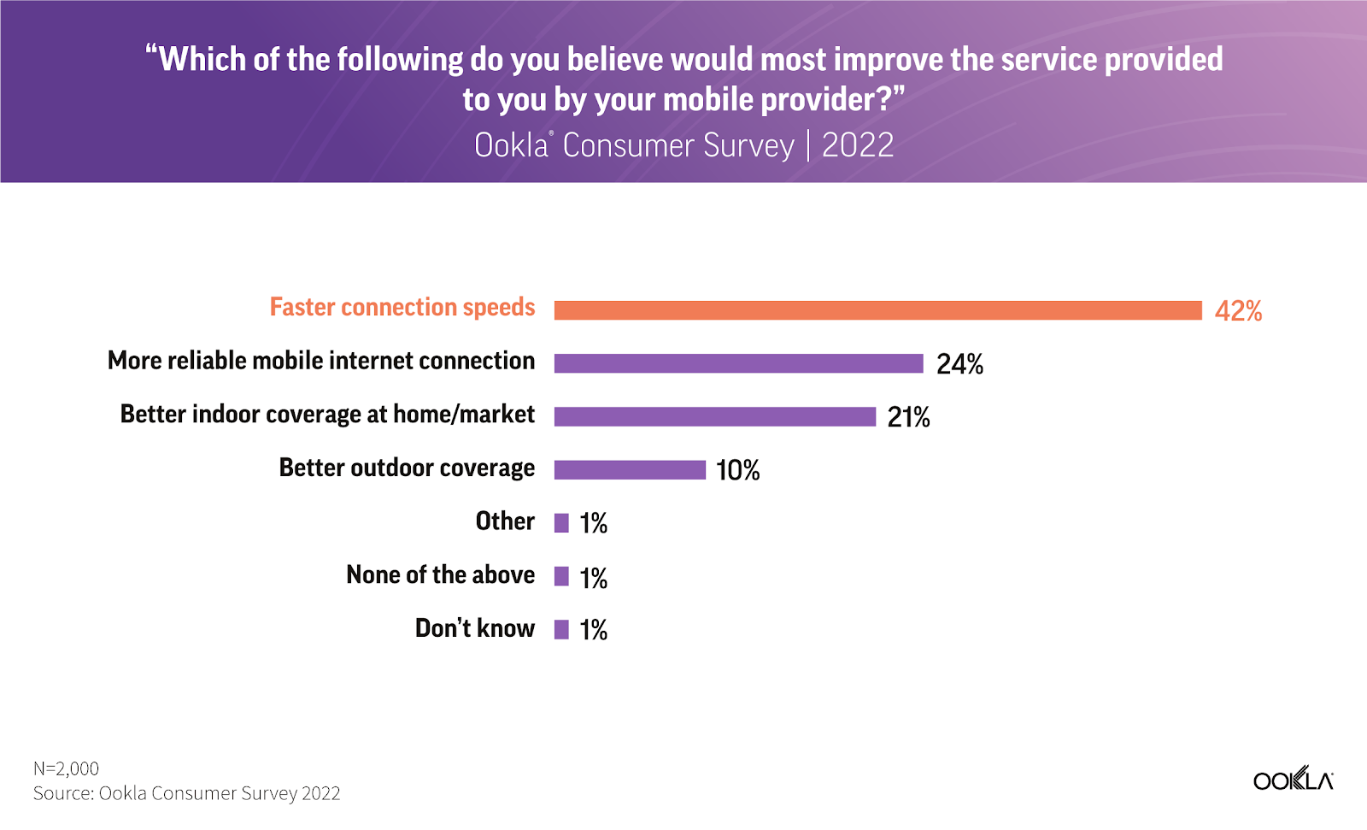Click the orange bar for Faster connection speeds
(x=877, y=310)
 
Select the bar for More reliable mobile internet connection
(x=738, y=363)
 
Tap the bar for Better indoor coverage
(x=714, y=416)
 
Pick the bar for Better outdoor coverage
(x=630, y=469)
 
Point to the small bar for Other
(x=561, y=523)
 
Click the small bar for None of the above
(x=561, y=576)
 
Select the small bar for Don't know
(x=561, y=630)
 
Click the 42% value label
(x=1238, y=311)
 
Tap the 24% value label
(x=959, y=365)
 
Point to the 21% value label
(x=908, y=417)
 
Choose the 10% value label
(x=737, y=470)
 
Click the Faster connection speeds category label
(x=402, y=308)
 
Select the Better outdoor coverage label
(x=407, y=468)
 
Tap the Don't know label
(x=475, y=628)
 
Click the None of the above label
(x=441, y=575)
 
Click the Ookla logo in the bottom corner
(x=1293, y=780)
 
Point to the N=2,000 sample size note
(x=66, y=768)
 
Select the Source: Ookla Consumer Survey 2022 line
(x=186, y=793)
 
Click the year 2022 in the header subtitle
(x=857, y=145)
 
